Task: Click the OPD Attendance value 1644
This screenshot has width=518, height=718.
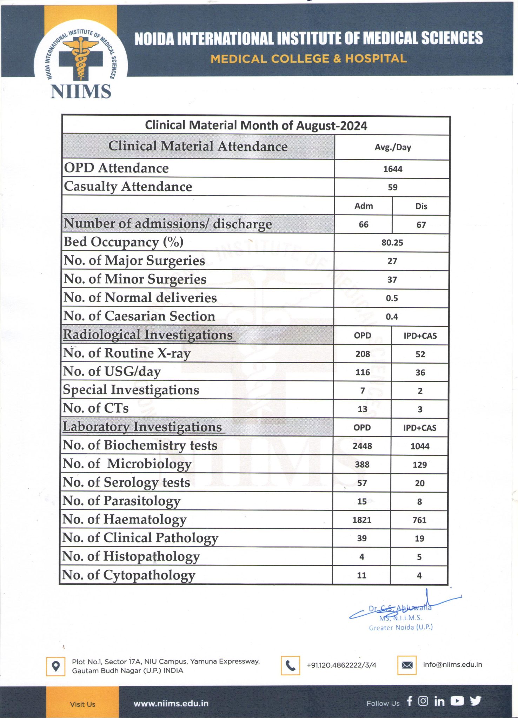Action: [x=392, y=169]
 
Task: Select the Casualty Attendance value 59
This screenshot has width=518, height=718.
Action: [x=392, y=187]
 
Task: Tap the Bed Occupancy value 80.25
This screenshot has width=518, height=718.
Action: [x=392, y=243]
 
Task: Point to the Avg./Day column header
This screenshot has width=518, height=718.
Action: [x=393, y=147]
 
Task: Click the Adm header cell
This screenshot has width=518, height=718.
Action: [x=364, y=206]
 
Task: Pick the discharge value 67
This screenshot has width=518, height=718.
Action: [x=421, y=225]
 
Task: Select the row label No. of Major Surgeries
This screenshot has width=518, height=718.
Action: [x=134, y=261]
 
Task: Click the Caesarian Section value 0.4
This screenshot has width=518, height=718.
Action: [x=392, y=317]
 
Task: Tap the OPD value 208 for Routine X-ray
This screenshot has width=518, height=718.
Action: [x=363, y=354]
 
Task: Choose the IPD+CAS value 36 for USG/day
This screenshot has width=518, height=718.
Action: [x=420, y=373]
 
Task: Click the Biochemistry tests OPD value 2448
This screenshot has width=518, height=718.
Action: [x=362, y=446]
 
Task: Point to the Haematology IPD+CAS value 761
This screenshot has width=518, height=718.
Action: [x=419, y=520]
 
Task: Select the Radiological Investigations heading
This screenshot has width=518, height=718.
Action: [x=148, y=335]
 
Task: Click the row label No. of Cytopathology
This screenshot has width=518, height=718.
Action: [x=128, y=575]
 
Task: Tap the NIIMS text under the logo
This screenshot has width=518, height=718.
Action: [x=81, y=92]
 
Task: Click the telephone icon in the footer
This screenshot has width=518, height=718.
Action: [x=290, y=665]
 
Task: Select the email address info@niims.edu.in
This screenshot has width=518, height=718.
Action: [x=452, y=664]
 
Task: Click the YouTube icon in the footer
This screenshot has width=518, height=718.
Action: [x=457, y=701]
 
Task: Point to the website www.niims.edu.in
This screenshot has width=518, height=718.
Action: [x=171, y=704]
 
